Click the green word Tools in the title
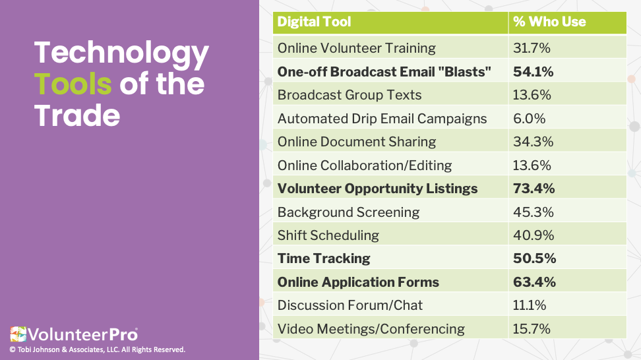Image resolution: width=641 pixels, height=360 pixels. click(x=73, y=84)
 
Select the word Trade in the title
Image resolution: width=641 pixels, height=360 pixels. click(x=77, y=115)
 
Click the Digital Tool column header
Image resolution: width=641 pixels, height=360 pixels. click(x=314, y=22)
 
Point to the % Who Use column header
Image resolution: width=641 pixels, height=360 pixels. click(x=549, y=22)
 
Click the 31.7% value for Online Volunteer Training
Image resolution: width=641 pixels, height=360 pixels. click(x=532, y=48)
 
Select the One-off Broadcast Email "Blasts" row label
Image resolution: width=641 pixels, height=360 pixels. click(x=384, y=71)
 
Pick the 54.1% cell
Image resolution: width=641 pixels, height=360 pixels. click(x=533, y=71)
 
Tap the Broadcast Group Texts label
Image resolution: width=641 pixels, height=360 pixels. click(x=349, y=95)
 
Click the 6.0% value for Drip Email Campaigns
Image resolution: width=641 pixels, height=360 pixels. click(x=529, y=119)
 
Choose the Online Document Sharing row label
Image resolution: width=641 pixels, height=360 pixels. click(x=357, y=142)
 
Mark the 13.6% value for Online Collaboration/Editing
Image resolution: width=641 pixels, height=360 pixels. click(x=532, y=165)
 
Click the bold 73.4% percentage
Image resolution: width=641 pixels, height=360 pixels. click(x=534, y=189)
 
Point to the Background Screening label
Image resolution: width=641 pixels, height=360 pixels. click(x=348, y=212)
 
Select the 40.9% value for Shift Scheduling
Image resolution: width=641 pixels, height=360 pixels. click(x=534, y=235)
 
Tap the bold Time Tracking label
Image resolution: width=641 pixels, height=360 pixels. click(x=324, y=258)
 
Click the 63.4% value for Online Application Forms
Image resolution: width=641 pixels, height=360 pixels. click(x=534, y=282)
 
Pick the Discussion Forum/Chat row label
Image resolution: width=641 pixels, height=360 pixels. click(x=350, y=305)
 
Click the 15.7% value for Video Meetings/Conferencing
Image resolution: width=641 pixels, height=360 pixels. click(x=532, y=329)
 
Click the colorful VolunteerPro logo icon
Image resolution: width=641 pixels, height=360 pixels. click(x=18, y=334)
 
